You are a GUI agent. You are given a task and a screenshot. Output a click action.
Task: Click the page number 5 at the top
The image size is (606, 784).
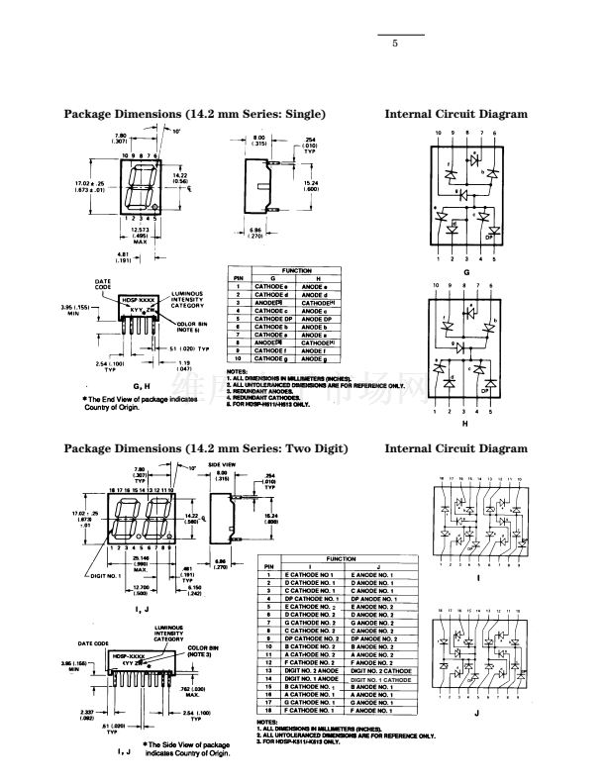[394, 44]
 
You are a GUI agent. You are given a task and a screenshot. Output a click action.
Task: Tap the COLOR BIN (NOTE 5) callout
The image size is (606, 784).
[193, 327]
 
